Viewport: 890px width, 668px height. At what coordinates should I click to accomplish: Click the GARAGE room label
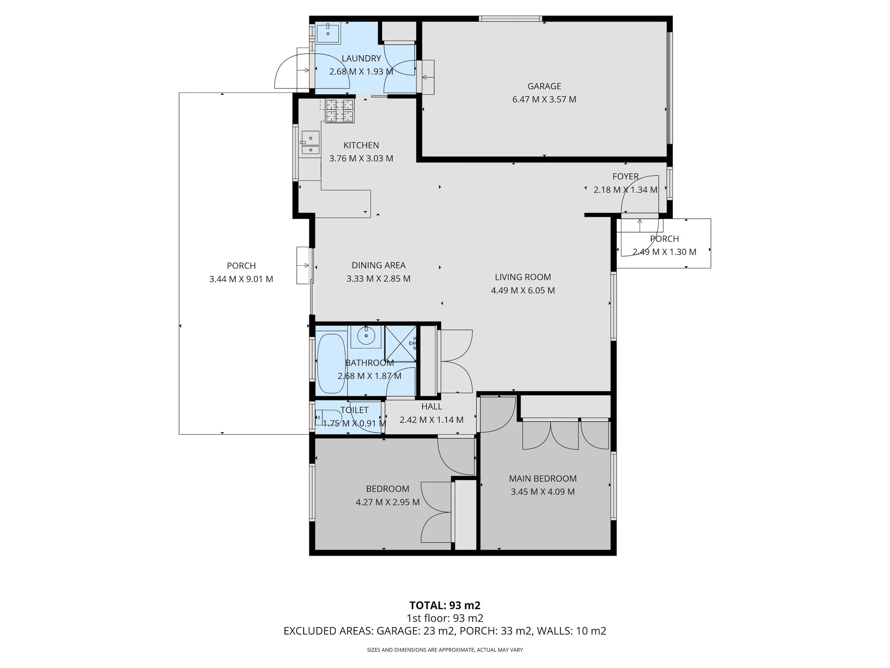(544, 86)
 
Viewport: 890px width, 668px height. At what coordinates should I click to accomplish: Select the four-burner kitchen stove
(340, 111)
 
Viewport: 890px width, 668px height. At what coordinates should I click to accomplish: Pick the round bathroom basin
(366, 336)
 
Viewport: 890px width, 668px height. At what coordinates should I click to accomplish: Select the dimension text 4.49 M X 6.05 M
(523, 290)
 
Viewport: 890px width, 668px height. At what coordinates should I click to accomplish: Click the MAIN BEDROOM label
(543, 478)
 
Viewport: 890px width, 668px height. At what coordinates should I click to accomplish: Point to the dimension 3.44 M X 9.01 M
(241, 279)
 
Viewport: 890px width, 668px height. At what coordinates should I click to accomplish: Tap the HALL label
(431, 407)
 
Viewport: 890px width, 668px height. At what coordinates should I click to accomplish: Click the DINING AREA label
(378, 265)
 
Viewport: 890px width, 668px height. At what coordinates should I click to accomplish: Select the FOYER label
(625, 176)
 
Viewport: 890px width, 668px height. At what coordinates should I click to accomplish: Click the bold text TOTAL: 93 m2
(445, 605)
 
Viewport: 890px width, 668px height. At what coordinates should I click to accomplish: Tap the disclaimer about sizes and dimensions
(445, 649)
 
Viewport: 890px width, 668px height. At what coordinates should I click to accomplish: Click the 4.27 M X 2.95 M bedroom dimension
(387, 502)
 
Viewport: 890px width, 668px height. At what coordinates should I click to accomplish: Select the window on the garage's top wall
(510, 19)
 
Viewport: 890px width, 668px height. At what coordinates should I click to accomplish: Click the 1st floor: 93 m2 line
(445, 618)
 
